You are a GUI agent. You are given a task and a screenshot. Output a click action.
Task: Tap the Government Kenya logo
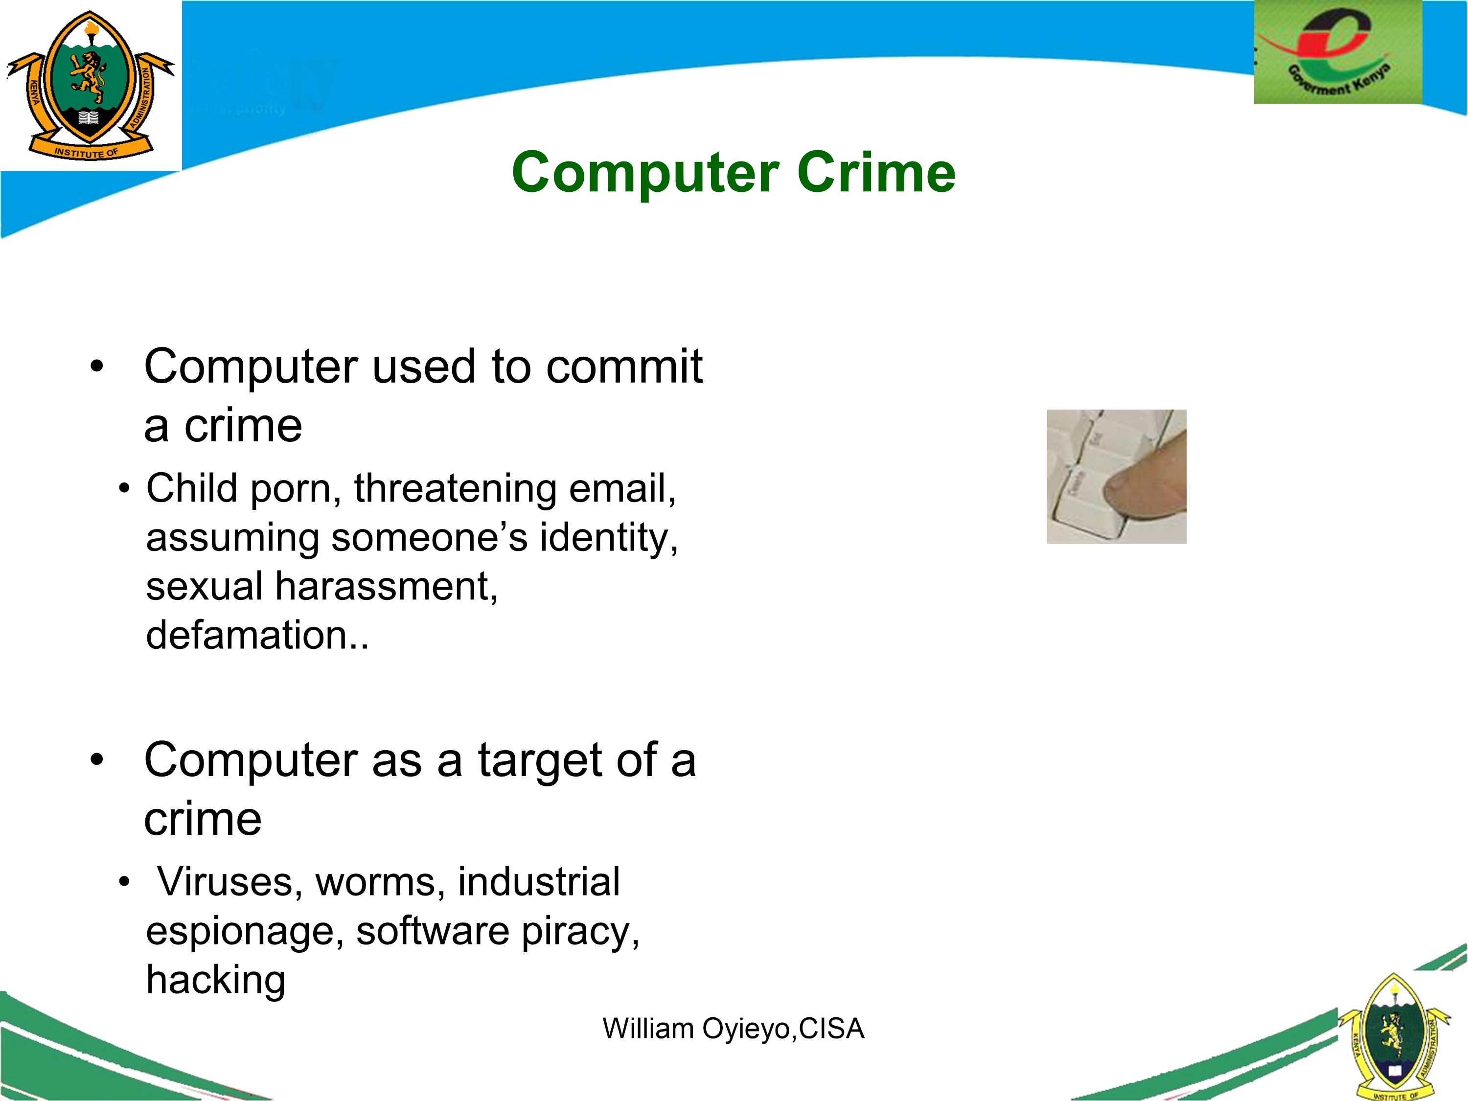(x=1337, y=52)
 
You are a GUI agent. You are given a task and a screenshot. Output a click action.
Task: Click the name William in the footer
(x=648, y=1028)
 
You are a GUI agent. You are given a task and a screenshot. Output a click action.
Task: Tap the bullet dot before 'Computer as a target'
(x=97, y=760)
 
